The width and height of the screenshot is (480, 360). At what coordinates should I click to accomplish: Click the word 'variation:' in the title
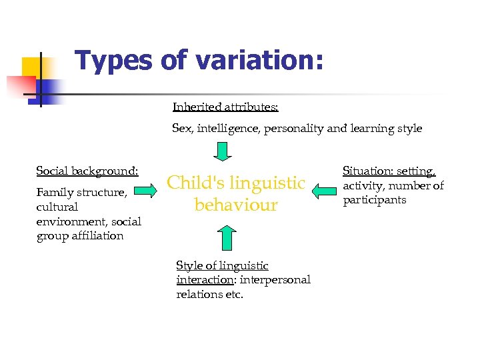tap(259, 60)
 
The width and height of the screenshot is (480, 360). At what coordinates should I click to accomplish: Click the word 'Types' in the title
tap(114, 60)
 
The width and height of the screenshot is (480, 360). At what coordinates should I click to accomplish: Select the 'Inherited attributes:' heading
tap(225, 107)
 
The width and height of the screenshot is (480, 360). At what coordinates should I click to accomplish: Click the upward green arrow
tap(227, 237)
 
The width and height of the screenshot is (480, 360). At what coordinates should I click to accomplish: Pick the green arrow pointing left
tap(325, 192)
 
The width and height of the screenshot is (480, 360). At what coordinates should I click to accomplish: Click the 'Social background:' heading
tap(87, 171)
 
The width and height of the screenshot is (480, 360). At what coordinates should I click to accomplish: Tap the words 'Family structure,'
tap(81, 193)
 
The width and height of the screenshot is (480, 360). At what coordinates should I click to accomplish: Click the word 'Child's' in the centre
tap(200, 183)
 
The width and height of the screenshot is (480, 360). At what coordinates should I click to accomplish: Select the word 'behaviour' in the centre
tap(236, 205)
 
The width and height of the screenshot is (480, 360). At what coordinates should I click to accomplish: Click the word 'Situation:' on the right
tap(368, 171)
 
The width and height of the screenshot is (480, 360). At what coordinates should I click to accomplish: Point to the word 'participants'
tap(374, 200)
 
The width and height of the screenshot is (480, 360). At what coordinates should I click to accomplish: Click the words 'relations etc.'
tap(209, 294)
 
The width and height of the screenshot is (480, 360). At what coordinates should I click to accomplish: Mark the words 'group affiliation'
tap(80, 236)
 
